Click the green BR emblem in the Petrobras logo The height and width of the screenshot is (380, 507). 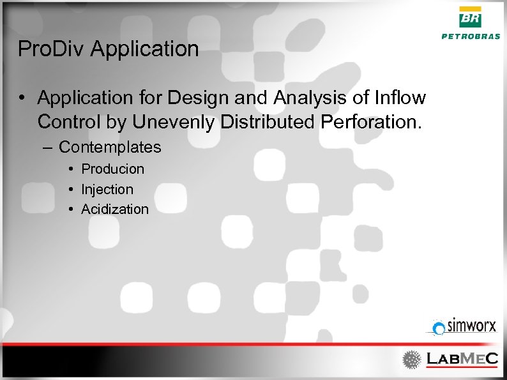click(471, 17)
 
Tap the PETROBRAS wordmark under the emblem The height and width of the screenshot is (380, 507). click(471, 36)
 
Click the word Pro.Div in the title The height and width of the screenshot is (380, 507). click(52, 49)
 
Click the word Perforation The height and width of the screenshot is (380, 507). click(369, 121)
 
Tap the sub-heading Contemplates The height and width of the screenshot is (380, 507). click(110, 148)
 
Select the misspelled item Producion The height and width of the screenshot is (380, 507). click(112, 169)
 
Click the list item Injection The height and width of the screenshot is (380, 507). click(107, 189)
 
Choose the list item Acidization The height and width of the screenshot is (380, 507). click(115, 209)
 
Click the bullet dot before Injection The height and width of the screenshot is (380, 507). click(73, 190)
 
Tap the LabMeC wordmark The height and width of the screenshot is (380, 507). click(462, 359)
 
